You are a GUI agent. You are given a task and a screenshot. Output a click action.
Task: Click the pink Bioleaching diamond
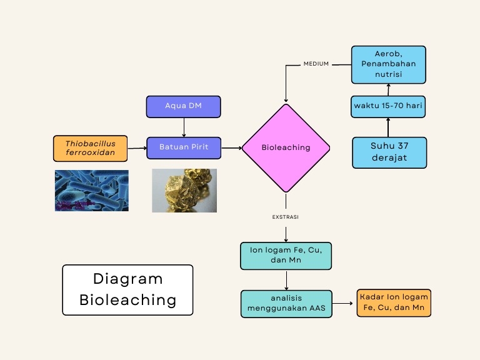pyautogui.click(x=286, y=148)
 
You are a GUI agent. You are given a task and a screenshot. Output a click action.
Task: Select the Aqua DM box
pyautogui.click(x=184, y=106)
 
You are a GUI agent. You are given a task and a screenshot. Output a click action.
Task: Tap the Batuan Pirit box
pyautogui.click(x=184, y=147)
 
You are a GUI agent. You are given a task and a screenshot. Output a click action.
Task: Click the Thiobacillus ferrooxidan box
pyautogui.click(x=91, y=148)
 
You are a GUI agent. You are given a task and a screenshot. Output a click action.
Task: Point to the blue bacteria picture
pyautogui.click(x=91, y=190)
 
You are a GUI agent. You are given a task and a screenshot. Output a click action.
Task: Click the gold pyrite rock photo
pyautogui.click(x=184, y=190)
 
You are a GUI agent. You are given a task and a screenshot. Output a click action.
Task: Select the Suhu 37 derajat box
pyautogui.click(x=389, y=152)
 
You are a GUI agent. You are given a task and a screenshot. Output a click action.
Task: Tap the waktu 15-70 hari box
pyautogui.click(x=388, y=106)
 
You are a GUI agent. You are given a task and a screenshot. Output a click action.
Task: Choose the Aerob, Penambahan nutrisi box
pyautogui.click(x=388, y=64)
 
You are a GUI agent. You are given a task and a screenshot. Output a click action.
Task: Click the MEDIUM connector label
pyautogui.click(x=316, y=64)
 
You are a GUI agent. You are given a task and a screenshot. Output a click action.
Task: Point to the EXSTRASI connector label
pyautogui.click(x=286, y=217)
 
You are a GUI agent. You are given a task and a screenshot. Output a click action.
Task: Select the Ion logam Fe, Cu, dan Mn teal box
pyautogui.click(x=286, y=256)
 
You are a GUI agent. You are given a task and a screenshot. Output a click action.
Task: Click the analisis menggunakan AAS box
pyautogui.click(x=286, y=303)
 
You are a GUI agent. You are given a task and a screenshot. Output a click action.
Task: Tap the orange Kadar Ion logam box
pyautogui.click(x=394, y=302)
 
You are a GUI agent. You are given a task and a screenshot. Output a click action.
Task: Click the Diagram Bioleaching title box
pyautogui.click(x=127, y=289)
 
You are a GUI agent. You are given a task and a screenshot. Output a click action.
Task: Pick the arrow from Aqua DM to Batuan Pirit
pyautogui.click(x=184, y=127)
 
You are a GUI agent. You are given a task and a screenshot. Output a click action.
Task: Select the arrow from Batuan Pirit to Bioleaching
pyautogui.click(x=231, y=148)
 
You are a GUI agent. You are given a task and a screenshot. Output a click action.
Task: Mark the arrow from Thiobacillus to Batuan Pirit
pyautogui.click(x=137, y=148)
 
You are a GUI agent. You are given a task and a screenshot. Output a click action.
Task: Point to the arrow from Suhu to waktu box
pyautogui.click(x=388, y=127)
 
